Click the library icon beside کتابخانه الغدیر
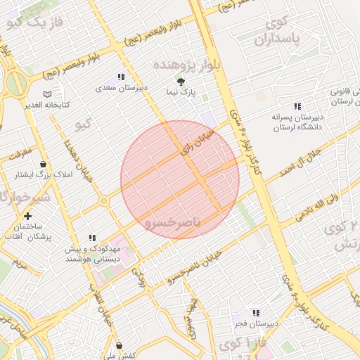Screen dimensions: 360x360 click(x=47, y=94)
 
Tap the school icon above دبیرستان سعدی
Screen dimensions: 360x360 click(x=121, y=77)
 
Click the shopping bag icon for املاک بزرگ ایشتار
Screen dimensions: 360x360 click(x=44, y=164)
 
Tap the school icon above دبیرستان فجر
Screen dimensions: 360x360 click(x=256, y=312)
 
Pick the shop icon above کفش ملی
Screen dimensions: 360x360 click(x=122, y=345)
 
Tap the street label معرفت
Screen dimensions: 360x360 click(x=21, y=151)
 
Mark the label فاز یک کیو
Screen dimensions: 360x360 click(x=34, y=22)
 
